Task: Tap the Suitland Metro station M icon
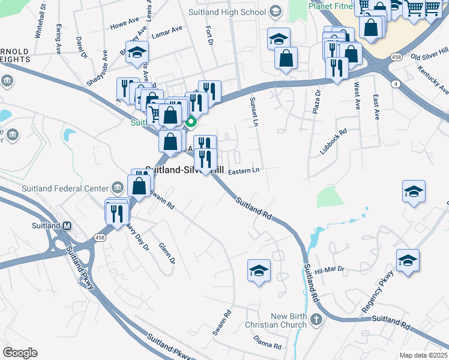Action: pyautogui.click(x=67, y=226)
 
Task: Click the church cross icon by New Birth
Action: pyautogui.click(x=316, y=320)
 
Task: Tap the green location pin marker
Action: pyautogui.click(x=191, y=123)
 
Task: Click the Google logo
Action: pyautogui.click(x=20, y=353)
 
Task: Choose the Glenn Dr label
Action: pyautogui.click(x=166, y=253)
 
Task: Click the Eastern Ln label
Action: pyautogui.click(x=244, y=170)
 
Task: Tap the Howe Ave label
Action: pyautogui.click(x=124, y=25)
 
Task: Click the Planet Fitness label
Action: pyautogui.click(x=330, y=7)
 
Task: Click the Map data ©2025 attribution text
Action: pyautogui.click(x=424, y=355)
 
